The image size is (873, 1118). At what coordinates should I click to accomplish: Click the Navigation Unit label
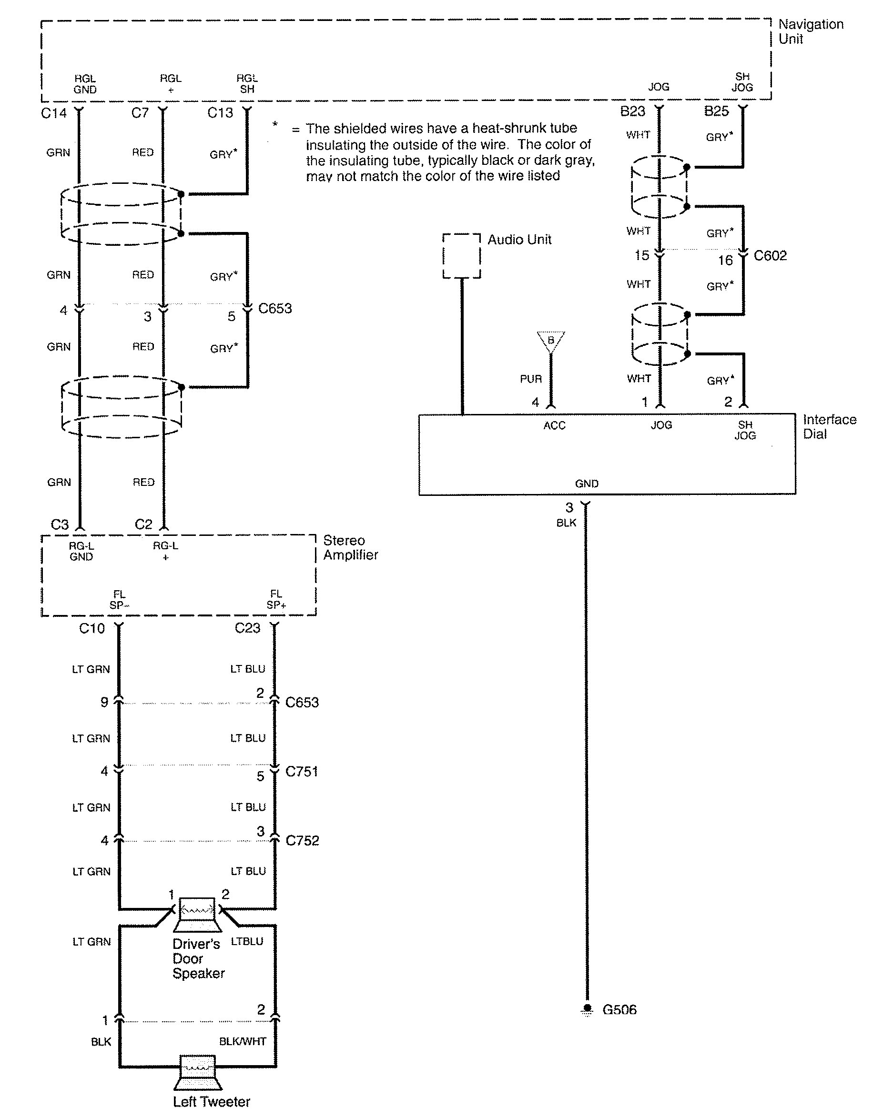pos(810,31)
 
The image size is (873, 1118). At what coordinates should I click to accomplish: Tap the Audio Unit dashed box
pos(461,256)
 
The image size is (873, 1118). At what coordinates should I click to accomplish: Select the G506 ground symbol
pos(587,1009)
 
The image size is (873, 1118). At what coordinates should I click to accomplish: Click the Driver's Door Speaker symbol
pos(197,914)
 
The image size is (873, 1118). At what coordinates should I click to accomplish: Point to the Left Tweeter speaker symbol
pos(197,1072)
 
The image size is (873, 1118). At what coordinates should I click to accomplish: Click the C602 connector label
pos(770,255)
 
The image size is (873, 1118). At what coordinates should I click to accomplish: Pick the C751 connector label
pos(301,771)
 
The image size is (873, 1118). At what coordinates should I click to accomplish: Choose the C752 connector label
pos(302,841)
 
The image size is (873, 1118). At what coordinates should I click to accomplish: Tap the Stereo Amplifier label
pos(350,548)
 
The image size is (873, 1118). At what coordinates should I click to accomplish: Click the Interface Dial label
pos(829,427)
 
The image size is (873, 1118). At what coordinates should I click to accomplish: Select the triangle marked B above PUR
pos(551,341)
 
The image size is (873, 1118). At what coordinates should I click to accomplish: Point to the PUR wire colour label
pos(530,379)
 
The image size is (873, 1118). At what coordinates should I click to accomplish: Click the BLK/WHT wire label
pos(242,1041)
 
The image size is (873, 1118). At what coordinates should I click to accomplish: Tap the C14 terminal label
pos(54,113)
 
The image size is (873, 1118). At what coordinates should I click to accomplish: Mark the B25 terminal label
pos(716,111)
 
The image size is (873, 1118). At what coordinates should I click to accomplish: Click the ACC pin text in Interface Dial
pos(554,425)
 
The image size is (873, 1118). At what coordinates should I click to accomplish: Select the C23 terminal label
pos(247,628)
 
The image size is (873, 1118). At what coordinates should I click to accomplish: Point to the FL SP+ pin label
pos(276,599)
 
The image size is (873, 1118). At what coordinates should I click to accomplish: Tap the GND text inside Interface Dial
pos(586,483)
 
